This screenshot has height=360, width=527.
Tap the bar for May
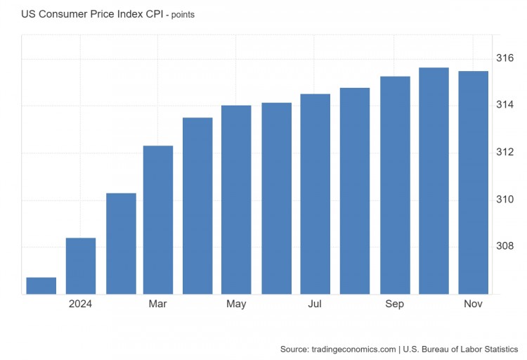click(x=236, y=200)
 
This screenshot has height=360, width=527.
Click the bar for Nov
click(x=473, y=182)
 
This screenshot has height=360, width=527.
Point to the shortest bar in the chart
click(x=41, y=285)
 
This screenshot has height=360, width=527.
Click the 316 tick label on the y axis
click(x=505, y=58)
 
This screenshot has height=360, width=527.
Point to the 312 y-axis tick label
click(x=505, y=153)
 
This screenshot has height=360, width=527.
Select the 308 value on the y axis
click(x=505, y=247)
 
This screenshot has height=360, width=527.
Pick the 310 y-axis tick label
click(x=505, y=200)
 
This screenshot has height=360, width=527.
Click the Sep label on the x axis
click(x=395, y=304)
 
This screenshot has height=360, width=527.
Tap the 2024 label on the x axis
click(x=81, y=304)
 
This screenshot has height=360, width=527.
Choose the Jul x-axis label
click(x=315, y=304)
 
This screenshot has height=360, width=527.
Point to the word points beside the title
click(x=181, y=14)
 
